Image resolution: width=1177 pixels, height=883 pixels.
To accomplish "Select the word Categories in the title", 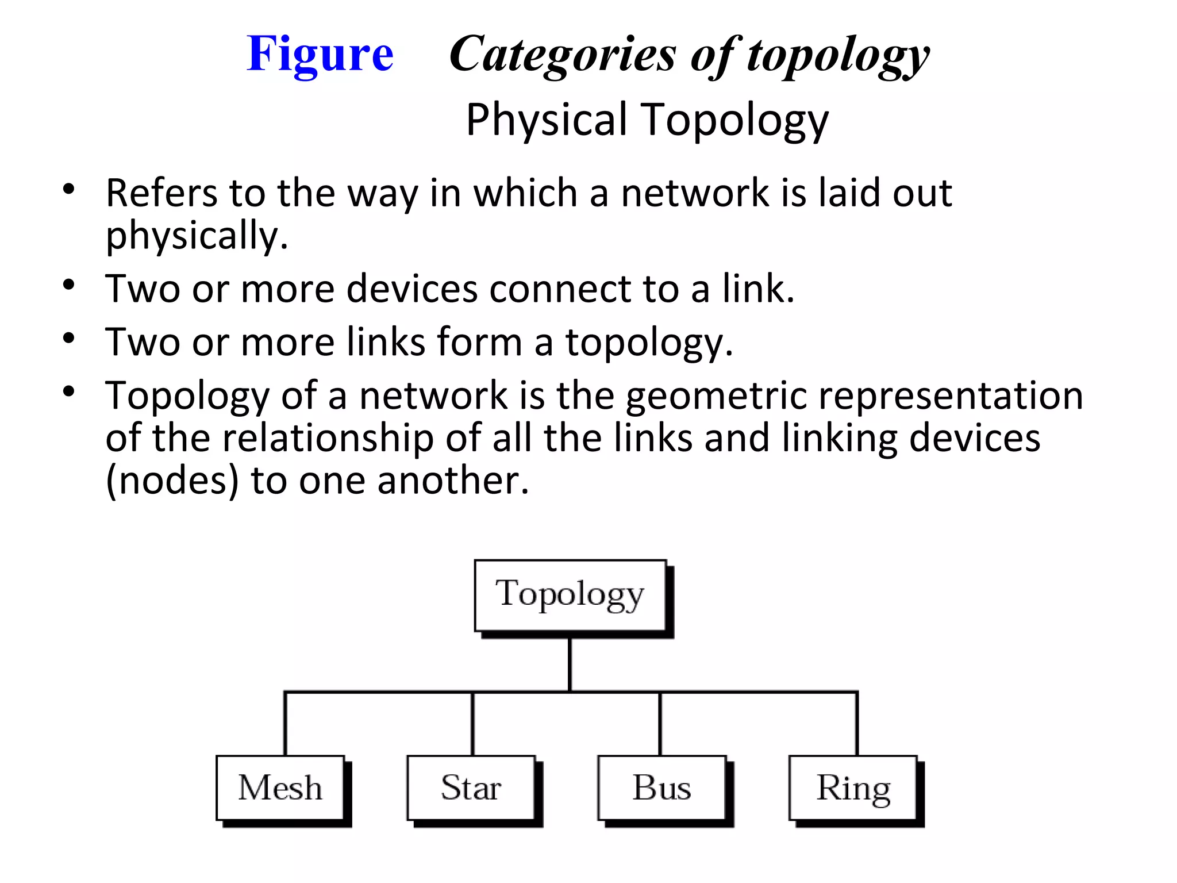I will [563, 55].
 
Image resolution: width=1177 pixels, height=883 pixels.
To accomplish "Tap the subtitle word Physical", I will [546, 120].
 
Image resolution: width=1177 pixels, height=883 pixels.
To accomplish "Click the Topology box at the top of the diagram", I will [570, 596].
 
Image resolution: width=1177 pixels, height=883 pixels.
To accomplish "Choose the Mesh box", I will [280, 788].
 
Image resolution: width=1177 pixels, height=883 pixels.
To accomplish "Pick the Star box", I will [471, 788].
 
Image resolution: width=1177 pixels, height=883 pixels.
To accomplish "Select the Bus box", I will [662, 788].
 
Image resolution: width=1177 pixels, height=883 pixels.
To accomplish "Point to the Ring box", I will [853, 788].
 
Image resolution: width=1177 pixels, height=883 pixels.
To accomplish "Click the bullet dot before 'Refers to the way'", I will [69, 189].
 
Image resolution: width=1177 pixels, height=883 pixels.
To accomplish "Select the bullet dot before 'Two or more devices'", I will [69, 285].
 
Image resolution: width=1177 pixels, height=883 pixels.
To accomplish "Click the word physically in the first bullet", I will [197, 236].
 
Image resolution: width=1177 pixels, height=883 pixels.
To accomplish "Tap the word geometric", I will [716, 397].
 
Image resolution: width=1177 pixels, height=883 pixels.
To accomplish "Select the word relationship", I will [328, 438].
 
